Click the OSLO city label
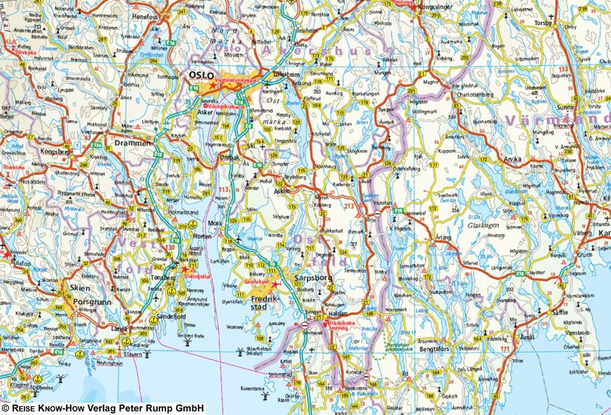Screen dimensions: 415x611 coord(199,74)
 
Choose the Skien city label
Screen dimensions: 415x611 coord(76,288)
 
